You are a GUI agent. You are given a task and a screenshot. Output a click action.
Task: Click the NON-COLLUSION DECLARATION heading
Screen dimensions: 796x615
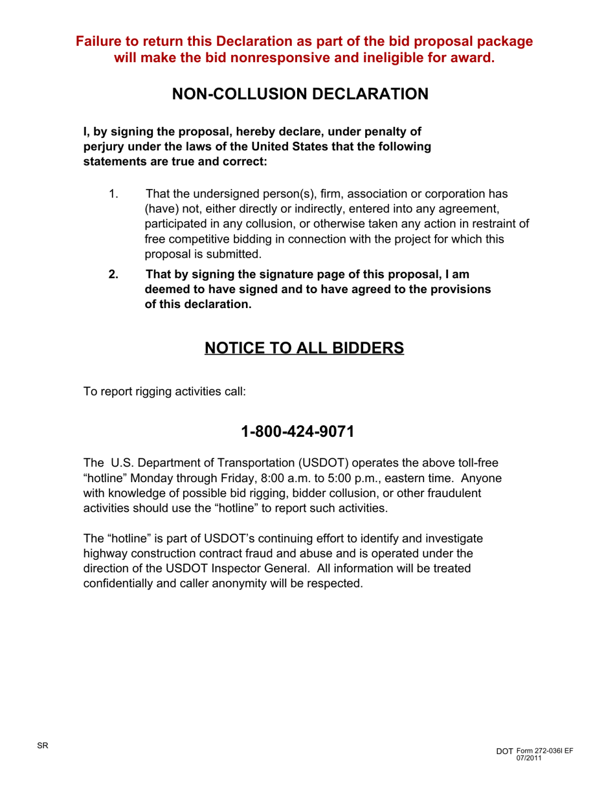[300, 94]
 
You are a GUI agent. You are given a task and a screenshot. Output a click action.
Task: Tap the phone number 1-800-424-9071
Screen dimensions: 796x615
[297, 431]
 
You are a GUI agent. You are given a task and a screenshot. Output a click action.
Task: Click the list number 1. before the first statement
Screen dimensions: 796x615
[113, 194]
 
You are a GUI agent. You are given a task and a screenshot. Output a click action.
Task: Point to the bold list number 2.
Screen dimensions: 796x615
[113, 274]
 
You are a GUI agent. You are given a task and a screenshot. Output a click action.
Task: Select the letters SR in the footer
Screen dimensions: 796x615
[42, 746]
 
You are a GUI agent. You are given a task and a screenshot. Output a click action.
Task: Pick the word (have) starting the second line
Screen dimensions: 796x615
[161, 209]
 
